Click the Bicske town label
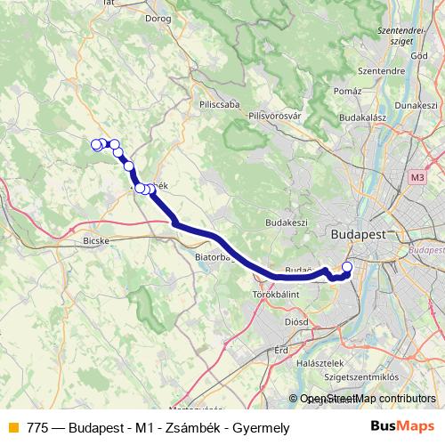pos(94,240)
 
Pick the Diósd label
pos(295,321)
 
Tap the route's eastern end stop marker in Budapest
pos(347,267)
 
